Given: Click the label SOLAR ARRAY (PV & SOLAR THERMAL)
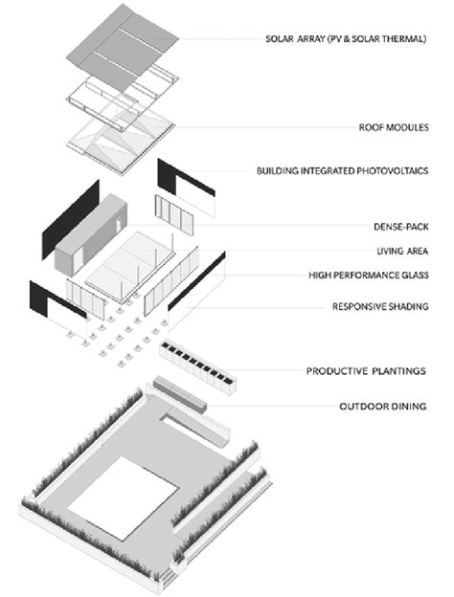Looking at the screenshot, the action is (346, 39).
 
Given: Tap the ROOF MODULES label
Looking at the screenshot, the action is (394, 127).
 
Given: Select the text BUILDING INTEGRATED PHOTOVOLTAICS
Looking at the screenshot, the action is (342, 170).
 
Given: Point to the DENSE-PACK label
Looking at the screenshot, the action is (401, 227).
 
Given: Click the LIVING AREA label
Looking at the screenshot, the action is (402, 251).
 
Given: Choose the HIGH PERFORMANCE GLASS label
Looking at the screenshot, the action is (368, 275).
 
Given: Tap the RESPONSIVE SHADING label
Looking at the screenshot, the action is (380, 306).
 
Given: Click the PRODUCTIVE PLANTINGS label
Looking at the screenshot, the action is (366, 371).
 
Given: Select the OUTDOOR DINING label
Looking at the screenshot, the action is (383, 407).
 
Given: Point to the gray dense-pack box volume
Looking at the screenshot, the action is (91, 234).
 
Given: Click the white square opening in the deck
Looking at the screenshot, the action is (123, 498).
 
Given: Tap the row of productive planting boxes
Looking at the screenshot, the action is (197, 366).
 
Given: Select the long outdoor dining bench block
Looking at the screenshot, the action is (179, 393).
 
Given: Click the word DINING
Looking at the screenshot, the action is (407, 407).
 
